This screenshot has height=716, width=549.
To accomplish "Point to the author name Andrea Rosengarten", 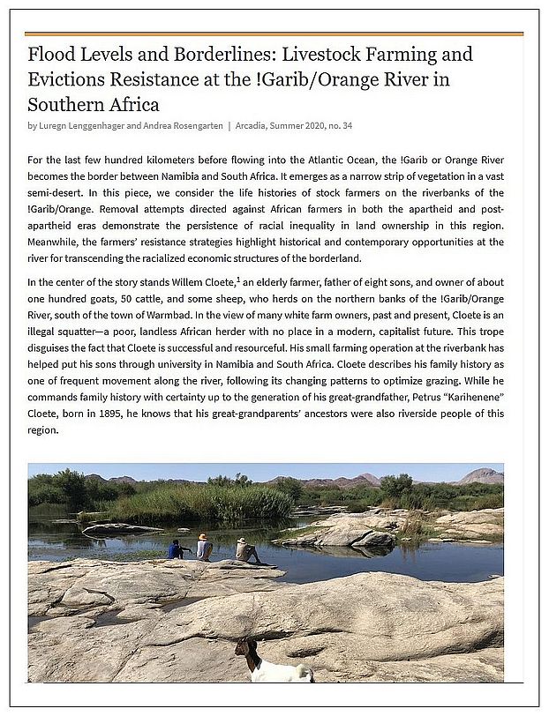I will pos(182,125).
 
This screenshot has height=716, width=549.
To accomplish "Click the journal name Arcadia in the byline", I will pos(255,125).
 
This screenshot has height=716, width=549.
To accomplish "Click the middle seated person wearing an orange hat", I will pos(204,547).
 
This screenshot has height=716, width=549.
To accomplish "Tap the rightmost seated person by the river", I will pos(245,550).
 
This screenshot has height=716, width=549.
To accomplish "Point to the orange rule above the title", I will pos(274,34).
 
